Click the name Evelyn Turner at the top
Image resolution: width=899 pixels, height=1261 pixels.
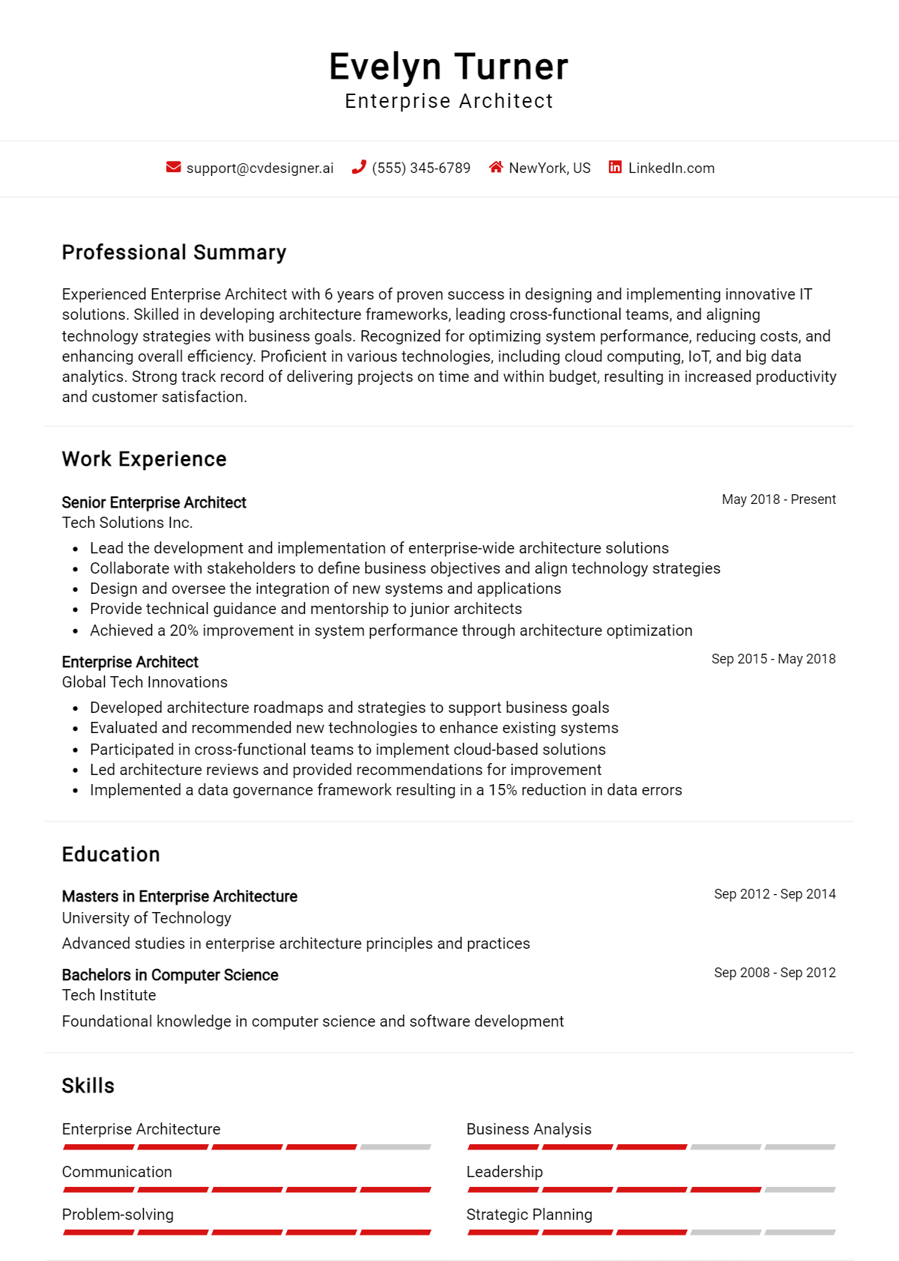[449, 67]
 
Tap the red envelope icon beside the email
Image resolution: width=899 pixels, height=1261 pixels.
[173, 167]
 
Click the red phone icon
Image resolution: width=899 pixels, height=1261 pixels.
[359, 167]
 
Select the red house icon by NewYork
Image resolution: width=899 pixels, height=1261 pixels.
[495, 167]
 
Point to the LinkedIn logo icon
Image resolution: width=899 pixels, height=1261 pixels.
[615, 167]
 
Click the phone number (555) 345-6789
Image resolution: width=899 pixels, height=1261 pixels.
[421, 168]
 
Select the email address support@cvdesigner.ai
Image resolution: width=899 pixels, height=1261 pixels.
[260, 168]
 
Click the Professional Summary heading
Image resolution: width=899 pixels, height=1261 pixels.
[174, 252]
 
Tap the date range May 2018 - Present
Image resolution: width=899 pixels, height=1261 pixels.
[778, 499]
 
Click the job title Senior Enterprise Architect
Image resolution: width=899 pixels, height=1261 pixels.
[154, 502]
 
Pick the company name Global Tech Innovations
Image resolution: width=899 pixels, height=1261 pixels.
[145, 682]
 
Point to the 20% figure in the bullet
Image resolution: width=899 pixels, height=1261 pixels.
[184, 630]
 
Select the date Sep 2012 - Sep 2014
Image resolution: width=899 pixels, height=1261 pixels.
[775, 894]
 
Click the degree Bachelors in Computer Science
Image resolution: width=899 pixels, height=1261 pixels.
[170, 975]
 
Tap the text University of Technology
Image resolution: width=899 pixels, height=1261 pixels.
[146, 918]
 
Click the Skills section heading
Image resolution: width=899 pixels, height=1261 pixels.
[88, 1086]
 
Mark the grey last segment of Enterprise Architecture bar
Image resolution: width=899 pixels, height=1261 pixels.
[395, 1147]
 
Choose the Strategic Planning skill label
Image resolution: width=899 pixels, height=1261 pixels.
[529, 1215]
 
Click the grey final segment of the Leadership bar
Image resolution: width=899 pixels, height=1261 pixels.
[799, 1190]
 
